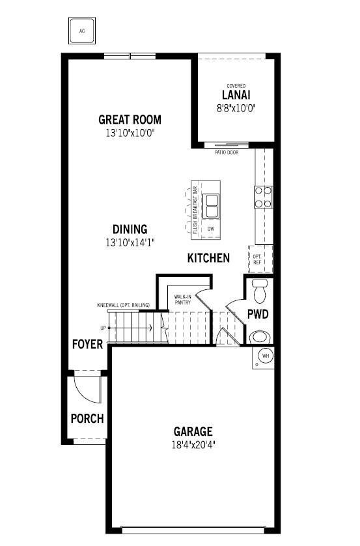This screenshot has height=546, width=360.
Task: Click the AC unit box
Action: tap(82, 30)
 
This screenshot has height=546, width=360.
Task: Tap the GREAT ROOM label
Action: tap(130, 120)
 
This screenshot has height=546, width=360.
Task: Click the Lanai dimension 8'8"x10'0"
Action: tap(236, 109)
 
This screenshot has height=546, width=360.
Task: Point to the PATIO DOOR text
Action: tap(226, 152)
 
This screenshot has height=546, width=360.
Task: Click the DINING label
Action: tap(130, 229)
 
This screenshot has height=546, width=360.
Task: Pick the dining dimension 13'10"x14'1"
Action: tap(130, 242)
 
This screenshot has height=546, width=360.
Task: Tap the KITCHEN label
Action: tap(208, 258)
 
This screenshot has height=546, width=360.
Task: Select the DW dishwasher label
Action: tap(211, 229)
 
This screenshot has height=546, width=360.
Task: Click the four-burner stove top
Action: tap(263, 197)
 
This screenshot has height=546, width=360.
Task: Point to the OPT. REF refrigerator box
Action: tap(258, 259)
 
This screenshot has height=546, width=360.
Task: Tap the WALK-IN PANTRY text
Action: tap(182, 300)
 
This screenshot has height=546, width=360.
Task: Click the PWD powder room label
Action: tap(258, 314)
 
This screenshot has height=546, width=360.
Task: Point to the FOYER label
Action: tap(87, 344)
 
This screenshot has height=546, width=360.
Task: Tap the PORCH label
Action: tap(87, 418)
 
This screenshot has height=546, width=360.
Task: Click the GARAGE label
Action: tap(193, 431)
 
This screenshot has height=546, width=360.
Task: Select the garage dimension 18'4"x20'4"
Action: tap(193, 446)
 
